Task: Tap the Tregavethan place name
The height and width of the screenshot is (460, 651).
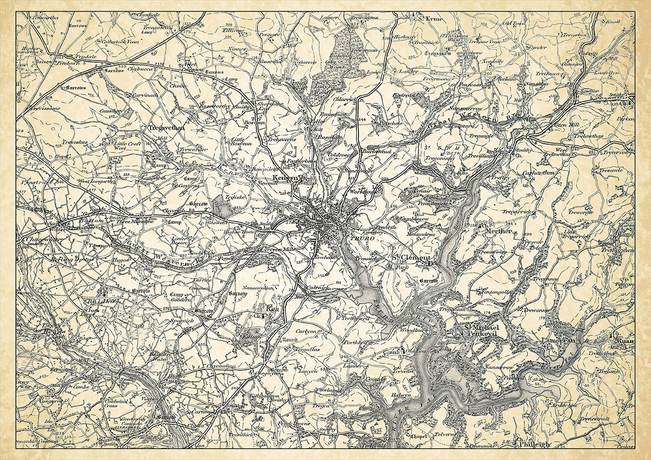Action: (x=168, y=127)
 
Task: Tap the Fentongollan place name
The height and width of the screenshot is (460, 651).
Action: (x=496, y=292)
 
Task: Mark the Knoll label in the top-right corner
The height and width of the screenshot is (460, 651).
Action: (x=613, y=22)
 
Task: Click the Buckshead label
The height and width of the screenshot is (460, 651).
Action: (x=377, y=151)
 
